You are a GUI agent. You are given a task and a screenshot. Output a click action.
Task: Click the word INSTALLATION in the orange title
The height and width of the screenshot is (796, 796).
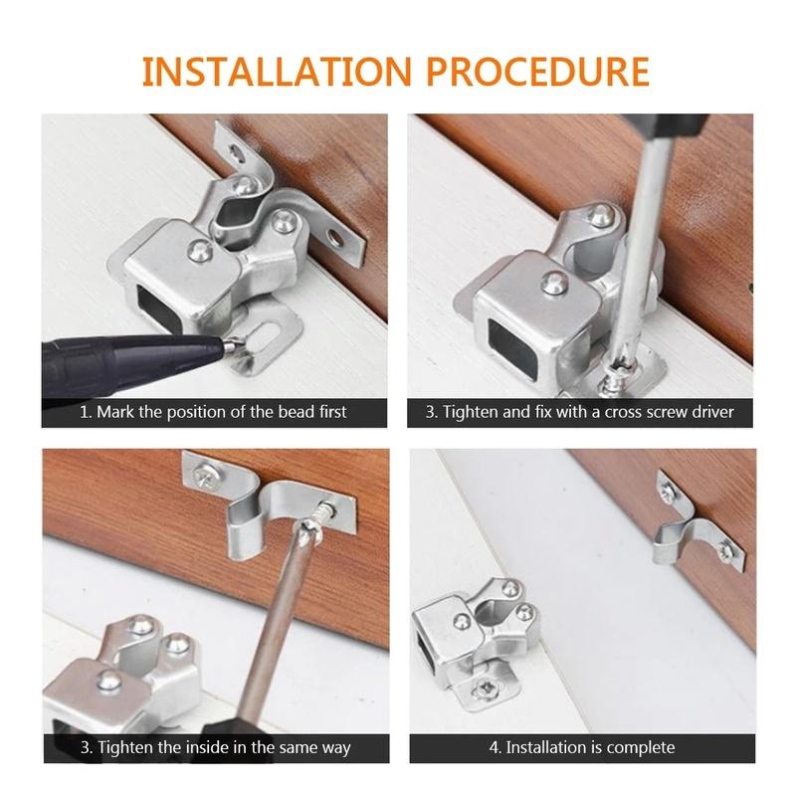pyautogui.click(x=277, y=72)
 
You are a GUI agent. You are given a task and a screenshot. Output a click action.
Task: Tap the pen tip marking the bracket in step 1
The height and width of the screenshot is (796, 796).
pyautogui.click(x=231, y=346)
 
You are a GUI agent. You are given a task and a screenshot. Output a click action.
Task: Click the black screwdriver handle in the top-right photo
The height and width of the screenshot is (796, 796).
pyautogui.click(x=665, y=124)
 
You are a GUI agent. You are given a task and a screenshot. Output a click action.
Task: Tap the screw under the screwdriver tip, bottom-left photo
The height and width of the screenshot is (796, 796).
pyautogui.click(x=324, y=510)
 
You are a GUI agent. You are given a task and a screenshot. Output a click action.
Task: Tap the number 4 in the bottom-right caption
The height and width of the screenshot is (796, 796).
pyautogui.click(x=494, y=748)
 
